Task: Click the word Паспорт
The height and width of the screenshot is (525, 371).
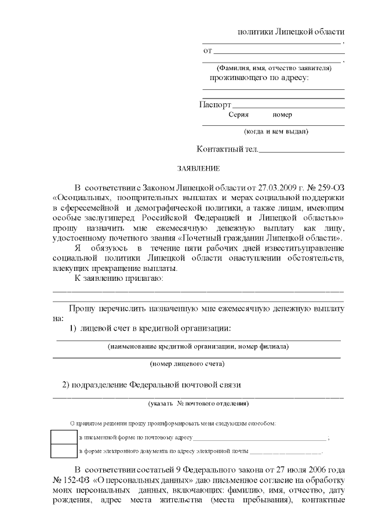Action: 215,105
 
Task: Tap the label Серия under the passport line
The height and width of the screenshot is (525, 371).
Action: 238,115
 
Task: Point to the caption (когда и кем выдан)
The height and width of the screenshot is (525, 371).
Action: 276,131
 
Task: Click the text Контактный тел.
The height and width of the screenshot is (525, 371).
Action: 227,149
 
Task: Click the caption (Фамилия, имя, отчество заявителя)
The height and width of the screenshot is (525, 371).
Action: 274,68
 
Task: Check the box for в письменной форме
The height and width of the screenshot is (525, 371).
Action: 63,437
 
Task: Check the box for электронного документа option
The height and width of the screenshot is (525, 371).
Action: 63,450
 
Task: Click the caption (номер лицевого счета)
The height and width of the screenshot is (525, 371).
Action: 187,364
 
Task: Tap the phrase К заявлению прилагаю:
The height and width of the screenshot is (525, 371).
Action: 119,278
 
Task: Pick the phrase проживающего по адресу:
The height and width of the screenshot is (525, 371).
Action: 259,77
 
